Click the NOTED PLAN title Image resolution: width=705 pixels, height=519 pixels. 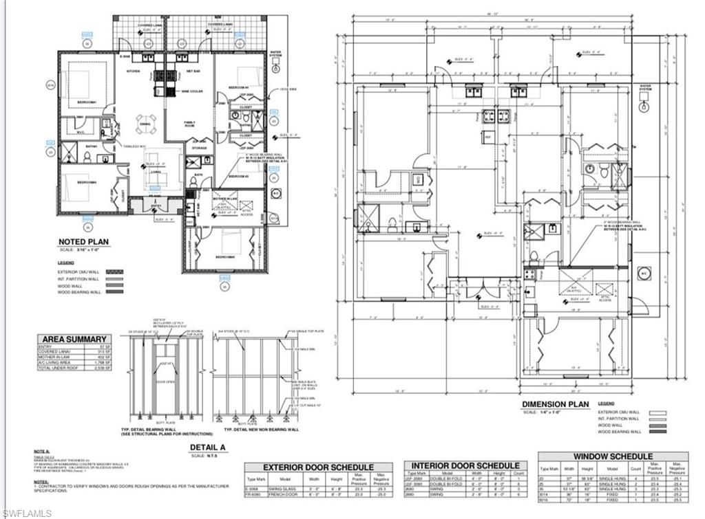(x=83, y=242)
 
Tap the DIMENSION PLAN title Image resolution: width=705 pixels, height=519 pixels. (x=556, y=404)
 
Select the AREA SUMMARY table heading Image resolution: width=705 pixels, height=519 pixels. (x=75, y=339)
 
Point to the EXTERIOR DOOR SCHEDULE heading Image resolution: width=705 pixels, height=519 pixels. (x=318, y=467)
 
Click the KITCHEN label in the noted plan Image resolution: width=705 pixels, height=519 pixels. (x=134, y=71)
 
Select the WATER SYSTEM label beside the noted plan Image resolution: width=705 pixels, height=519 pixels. (x=276, y=53)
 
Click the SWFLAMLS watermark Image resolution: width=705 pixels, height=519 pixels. (x=27, y=512)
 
